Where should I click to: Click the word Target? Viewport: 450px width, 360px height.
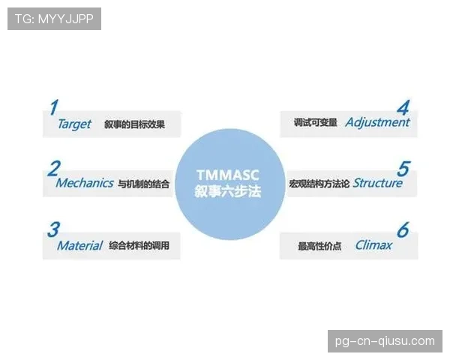tap(74, 124)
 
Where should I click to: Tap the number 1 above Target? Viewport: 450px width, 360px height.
tap(54, 107)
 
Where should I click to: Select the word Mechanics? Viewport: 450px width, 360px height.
tap(85, 183)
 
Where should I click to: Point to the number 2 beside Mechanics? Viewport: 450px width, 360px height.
tap(54, 169)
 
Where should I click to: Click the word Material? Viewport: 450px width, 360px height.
tap(79, 246)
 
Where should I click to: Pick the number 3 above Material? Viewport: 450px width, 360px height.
tap(54, 229)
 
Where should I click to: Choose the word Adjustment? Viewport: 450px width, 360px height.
tap(378, 122)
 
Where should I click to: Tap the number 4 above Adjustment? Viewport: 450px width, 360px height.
tap(403, 108)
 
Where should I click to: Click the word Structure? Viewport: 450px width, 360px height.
tap(378, 183)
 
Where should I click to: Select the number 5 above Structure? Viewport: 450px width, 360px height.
tap(403, 169)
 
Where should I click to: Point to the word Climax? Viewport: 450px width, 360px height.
tap(373, 245)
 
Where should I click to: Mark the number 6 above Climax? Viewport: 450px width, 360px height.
tap(403, 229)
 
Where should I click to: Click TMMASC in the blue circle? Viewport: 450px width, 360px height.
tap(228, 175)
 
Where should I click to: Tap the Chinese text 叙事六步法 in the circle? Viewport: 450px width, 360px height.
tap(228, 191)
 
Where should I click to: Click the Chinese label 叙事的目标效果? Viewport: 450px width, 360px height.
tap(134, 124)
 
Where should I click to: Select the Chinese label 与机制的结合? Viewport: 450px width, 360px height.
tap(143, 184)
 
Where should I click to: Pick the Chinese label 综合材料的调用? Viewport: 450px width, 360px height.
tap(139, 246)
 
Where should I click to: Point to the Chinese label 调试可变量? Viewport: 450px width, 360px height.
tap(316, 122)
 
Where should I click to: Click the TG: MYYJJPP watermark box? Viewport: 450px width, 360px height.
tap(54, 19)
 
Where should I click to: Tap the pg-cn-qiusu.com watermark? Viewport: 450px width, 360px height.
tap(385, 341)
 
